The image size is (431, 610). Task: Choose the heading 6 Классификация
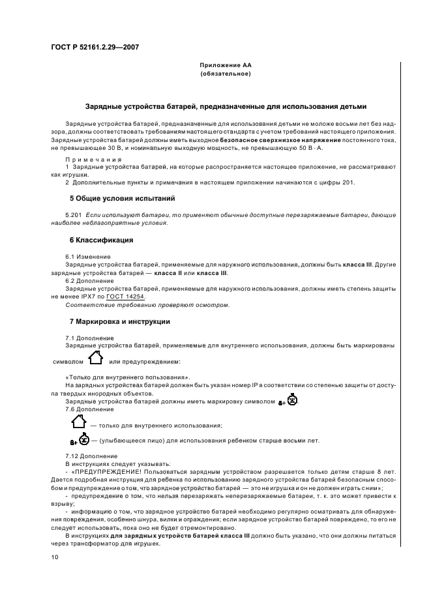pos(101,240)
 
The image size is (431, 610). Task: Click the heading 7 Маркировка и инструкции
pos(119,321)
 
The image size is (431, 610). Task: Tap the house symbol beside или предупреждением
pos(96,358)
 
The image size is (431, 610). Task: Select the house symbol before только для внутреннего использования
pos(78,422)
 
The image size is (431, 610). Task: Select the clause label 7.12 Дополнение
pos(91,454)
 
